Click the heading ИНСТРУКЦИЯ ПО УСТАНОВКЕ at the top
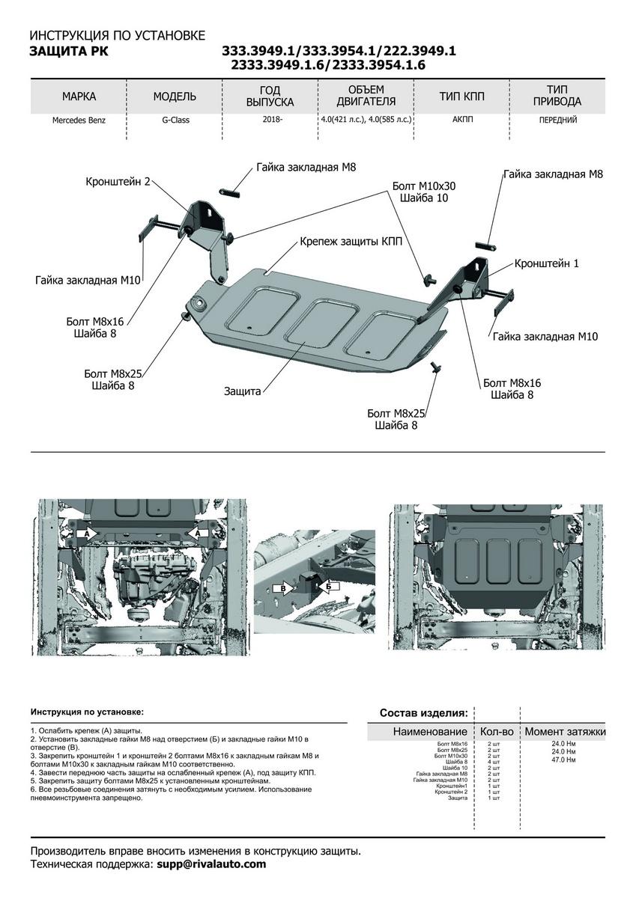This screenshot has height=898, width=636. tap(116, 35)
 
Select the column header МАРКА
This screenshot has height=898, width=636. tap(79, 97)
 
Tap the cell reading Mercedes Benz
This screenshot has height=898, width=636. tap(79, 120)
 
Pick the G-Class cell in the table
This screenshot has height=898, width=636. tap(175, 120)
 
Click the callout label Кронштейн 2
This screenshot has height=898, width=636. tap(118, 181)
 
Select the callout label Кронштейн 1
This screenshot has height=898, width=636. tap(546, 264)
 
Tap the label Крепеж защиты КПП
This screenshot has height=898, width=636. tap(351, 242)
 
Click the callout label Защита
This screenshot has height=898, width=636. tap(242, 391)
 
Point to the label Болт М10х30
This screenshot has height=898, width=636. tap(423, 186)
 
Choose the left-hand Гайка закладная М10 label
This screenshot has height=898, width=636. tap(88, 280)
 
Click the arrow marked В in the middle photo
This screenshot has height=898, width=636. tap(285, 588)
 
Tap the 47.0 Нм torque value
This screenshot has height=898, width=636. tap(563, 759)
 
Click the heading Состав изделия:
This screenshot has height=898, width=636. tap(423, 712)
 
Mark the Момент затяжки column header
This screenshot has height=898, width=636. tap(564, 731)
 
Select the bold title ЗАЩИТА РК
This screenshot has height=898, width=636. tap(68, 51)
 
